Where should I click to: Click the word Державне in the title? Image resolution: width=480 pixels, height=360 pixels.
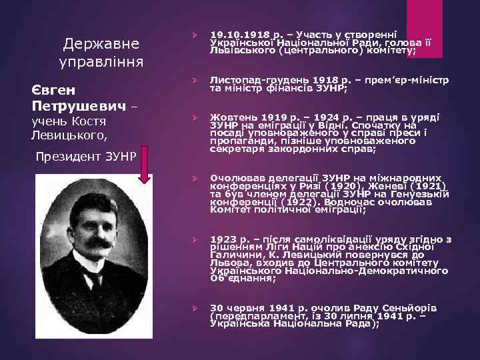tap(101, 44)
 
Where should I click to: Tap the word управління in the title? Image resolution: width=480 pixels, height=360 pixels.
tap(101, 65)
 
